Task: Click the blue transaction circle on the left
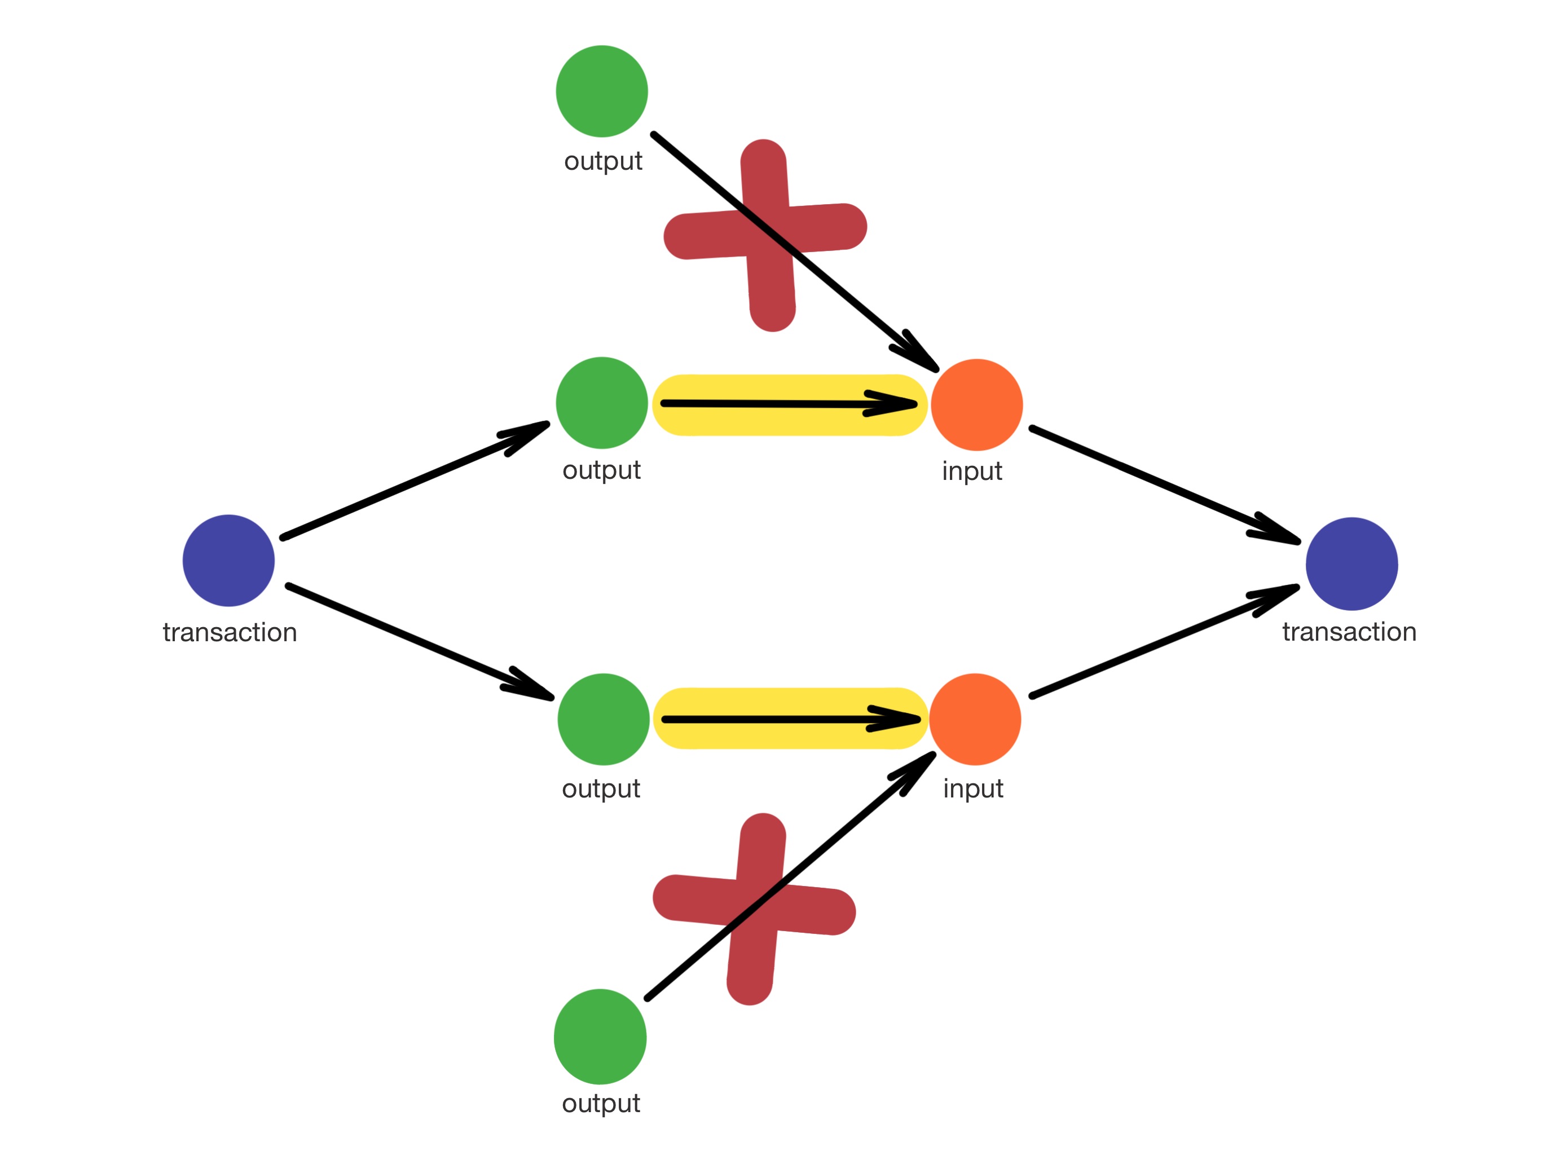(228, 560)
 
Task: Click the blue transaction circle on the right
(1351, 563)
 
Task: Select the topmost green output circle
(602, 91)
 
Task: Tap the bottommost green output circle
(600, 1036)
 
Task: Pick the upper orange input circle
(977, 405)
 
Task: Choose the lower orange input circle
(975, 719)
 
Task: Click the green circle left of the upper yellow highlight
(602, 403)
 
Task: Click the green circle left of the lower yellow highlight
(604, 719)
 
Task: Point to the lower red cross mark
(755, 909)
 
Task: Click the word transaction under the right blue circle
(1349, 632)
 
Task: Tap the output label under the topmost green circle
(602, 161)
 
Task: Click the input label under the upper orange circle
(972, 471)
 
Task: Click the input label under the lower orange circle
(972, 788)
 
